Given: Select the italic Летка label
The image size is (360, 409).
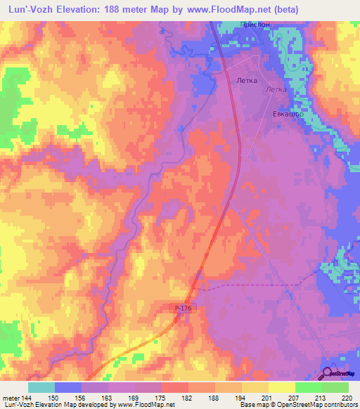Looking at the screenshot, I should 276,90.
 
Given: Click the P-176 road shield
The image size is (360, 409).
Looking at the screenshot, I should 182,308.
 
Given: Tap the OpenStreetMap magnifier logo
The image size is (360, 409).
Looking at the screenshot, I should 328,374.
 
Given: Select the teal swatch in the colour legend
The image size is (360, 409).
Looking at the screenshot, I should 41,387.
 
